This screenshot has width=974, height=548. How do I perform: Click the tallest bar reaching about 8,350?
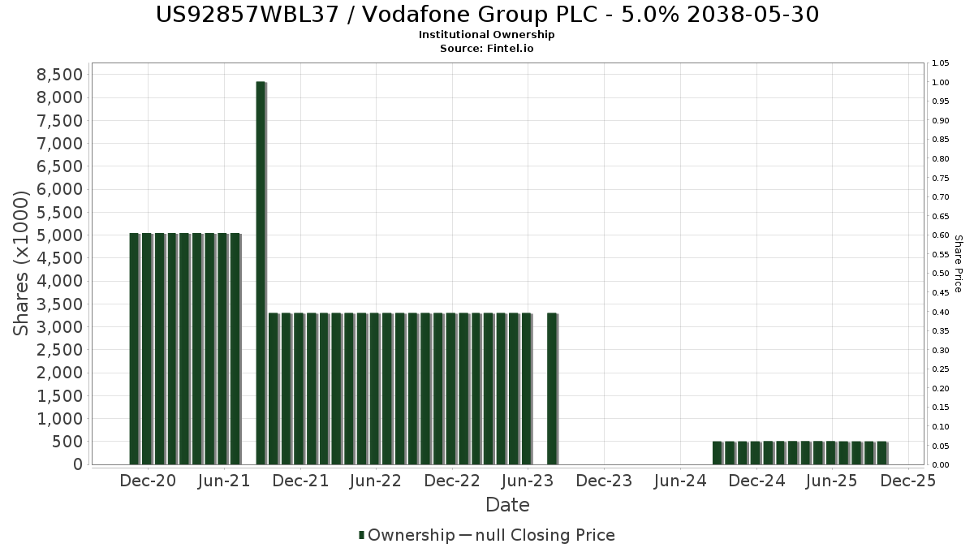pyautogui.click(x=261, y=273)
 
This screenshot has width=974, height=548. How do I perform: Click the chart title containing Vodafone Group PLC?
pyautogui.click(x=487, y=14)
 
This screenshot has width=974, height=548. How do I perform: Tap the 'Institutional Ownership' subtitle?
pyautogui.click(x=487, y=35)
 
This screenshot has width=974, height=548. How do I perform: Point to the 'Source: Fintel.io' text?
pyautogui.click(x=487, y=49)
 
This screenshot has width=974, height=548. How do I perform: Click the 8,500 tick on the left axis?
pyautogui.click(x=60, y=75)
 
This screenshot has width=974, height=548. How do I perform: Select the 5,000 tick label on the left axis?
pyautogui.click(x=60, y=235)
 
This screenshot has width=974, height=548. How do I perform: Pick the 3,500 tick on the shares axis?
pyautogui.click(x=60, y=304)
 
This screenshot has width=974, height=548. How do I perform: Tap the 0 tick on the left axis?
pyautogui.click(x=78, y=464)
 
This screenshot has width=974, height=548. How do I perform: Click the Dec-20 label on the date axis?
pyautogui.click(x=148, y=481)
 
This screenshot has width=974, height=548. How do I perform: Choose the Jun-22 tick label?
pyautogui.click(x=376, y=481)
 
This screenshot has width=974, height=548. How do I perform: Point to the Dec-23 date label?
pyautogui.click(x=604, y=481)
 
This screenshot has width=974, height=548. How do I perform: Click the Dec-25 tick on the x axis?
pyautogui.click(x=908, y=481)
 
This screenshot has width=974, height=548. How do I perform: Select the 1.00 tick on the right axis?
pyautogui.click(x=941, y=82)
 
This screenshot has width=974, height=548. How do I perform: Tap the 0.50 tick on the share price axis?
pyautogui.click(x=941, y=274)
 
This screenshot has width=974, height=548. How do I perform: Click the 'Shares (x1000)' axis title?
pyautogui.click(x=22, y=262)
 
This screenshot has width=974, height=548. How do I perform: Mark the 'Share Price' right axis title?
pyautogui.click(x=958, y=264)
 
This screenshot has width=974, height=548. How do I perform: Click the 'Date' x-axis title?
pyautogui.click(x=507, y=505)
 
